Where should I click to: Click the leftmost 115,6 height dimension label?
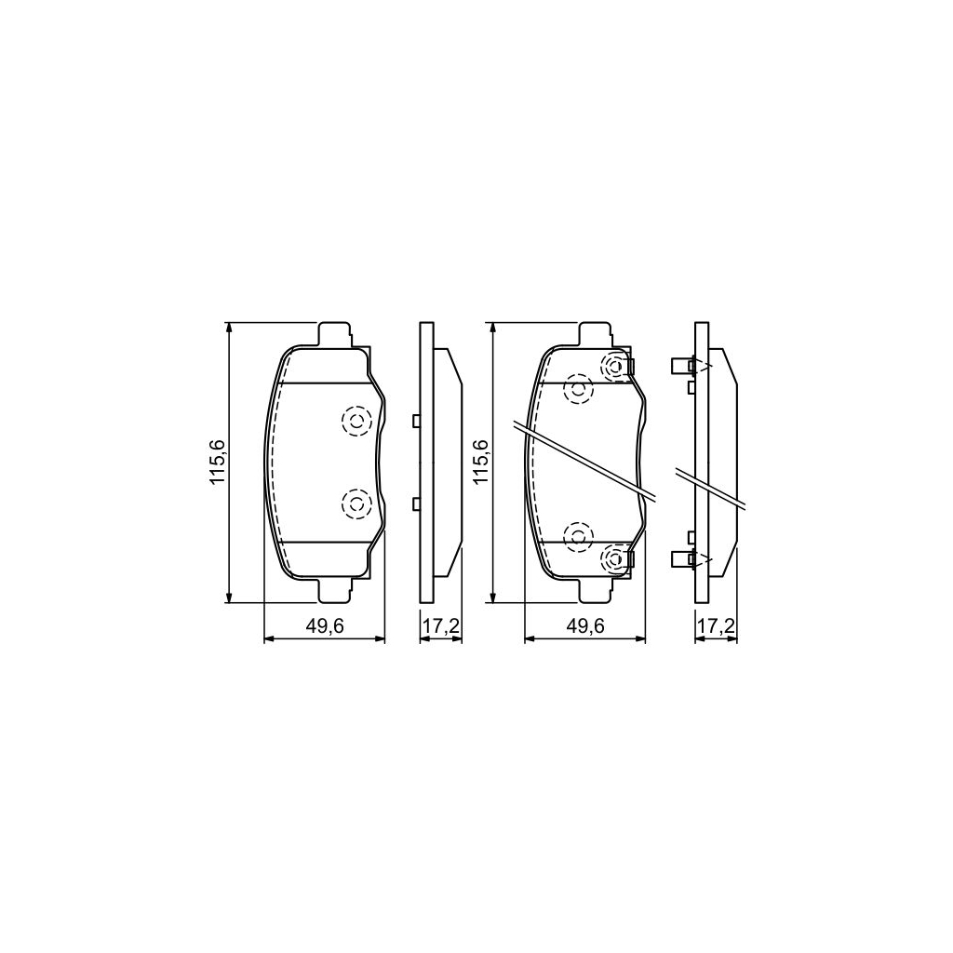(218, 463)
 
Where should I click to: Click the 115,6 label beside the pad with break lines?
(479, 463)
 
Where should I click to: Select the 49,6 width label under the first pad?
(325, 627)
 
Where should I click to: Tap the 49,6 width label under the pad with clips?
(586, 627)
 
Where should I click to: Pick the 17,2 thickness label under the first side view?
(440, 627)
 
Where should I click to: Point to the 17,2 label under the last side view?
(716, 627)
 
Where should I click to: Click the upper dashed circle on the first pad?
(356, 422)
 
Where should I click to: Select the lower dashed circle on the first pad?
(356, 503)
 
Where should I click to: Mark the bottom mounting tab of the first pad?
(334, 589)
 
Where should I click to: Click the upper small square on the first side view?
(416, 421)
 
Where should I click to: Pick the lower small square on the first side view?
(416, 503)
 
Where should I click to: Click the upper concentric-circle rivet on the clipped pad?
(614, 367)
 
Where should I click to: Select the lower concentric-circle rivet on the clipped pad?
(614, 558)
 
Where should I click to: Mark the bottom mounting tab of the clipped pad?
(596, 589)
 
